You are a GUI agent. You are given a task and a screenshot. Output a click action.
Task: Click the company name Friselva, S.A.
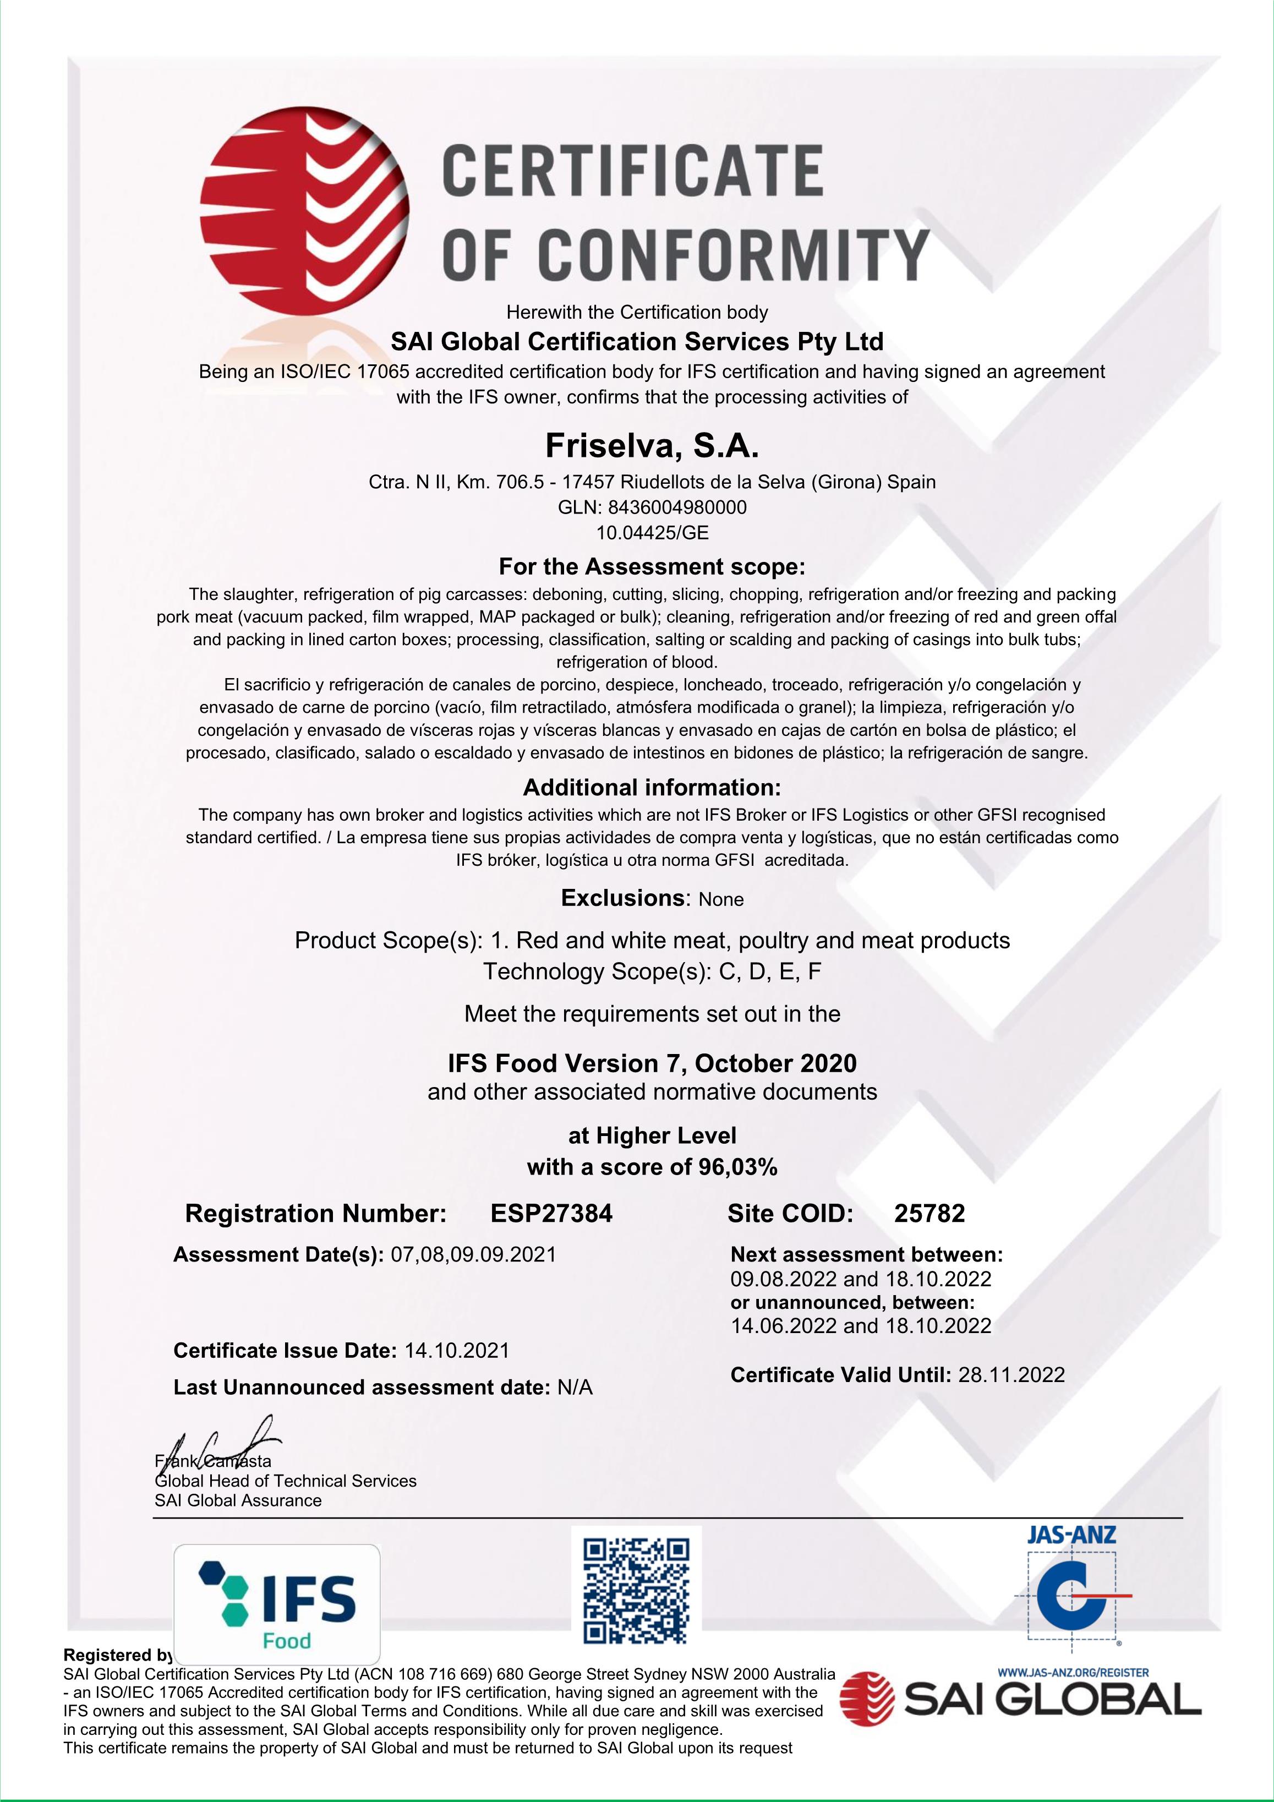(x=652, y=446)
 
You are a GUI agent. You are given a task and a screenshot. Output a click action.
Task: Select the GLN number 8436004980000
(x=677, y=507)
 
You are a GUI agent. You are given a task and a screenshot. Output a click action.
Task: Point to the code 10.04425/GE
(x=652, y=533)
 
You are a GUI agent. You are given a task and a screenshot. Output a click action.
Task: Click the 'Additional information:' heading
(x=652, y=787)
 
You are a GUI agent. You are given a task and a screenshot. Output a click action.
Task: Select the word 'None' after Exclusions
(x=720, y=899)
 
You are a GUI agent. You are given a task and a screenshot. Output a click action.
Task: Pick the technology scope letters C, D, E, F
(x=770, y=971)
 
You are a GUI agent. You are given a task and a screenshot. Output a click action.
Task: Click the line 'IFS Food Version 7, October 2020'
(x=652, y=1063)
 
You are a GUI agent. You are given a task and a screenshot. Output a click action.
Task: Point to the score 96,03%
(x=738, y=1167)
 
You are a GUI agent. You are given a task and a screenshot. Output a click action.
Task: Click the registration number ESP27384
(x=551, y=1214)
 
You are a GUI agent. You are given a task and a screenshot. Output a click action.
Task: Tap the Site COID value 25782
(x=929, y=1214)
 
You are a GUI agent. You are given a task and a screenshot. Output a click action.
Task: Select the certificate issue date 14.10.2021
(x=457, y=1350)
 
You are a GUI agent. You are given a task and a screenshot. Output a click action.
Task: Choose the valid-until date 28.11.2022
(x=1011, y=1374)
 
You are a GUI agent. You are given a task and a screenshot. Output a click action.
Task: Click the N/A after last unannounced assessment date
(x=575, y=1388)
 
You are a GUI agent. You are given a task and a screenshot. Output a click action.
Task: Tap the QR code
(x=637, y=1591)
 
